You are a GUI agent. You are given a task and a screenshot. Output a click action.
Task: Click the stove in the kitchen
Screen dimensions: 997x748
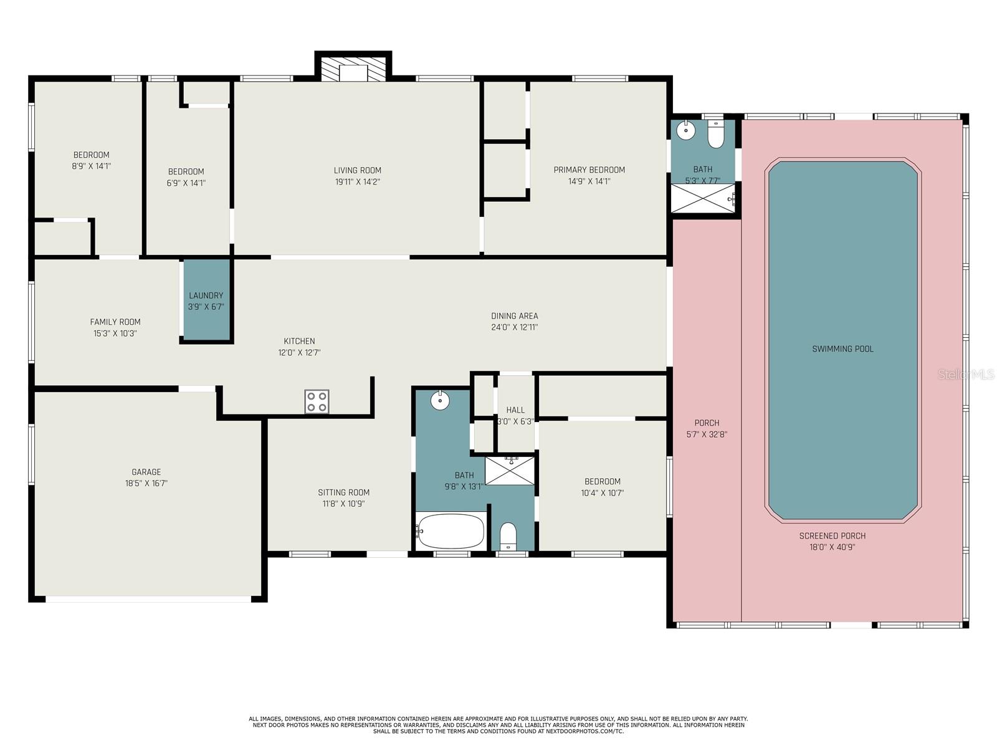317,401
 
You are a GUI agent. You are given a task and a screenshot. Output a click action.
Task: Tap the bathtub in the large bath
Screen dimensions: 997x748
451,530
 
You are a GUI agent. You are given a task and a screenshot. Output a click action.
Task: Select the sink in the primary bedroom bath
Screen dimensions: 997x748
685,130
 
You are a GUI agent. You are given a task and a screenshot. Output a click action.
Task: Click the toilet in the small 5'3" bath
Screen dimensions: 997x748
716,135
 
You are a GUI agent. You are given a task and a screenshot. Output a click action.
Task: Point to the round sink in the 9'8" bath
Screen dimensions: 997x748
440,400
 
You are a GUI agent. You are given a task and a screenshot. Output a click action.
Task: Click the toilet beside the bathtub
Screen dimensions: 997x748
508,536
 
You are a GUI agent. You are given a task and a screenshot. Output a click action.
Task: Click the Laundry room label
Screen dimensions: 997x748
206,295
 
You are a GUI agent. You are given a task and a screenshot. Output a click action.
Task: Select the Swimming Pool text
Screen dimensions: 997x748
842,349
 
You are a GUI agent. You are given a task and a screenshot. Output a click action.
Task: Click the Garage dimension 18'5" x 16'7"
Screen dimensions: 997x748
146,483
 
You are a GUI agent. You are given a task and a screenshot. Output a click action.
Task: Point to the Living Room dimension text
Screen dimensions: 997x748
358,181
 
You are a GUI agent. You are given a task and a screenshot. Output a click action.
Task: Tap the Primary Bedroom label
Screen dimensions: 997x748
589,170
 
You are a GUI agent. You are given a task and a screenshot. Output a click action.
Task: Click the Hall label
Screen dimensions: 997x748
515,410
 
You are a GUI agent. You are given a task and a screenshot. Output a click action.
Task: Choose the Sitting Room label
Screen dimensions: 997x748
343,492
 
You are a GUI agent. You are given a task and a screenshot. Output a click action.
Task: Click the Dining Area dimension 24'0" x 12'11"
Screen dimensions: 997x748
514,327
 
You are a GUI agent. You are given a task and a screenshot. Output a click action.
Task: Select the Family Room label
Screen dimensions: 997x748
115,322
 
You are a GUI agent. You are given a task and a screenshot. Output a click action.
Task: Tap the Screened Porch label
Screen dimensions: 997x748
832,536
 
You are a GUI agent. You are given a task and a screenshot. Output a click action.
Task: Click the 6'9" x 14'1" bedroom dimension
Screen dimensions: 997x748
186,183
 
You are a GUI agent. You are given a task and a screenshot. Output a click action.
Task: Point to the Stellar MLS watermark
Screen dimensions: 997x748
966,375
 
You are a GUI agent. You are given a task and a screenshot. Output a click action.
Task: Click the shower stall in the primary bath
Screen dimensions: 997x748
703,198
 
